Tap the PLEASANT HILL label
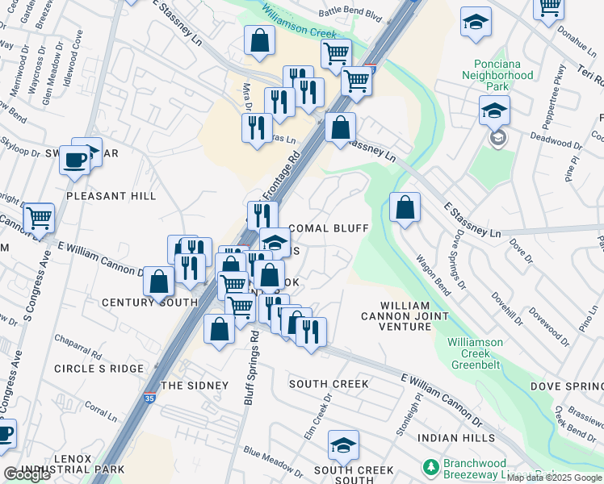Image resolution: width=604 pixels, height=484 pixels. tap(111, 196)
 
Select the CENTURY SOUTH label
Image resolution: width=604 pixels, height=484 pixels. tap(149, 302)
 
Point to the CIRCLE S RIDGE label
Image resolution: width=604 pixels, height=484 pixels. tap(98, 369)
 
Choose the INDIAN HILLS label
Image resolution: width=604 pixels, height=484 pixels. tap(456, 437)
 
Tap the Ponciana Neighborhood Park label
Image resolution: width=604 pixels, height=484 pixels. tap(497, 81)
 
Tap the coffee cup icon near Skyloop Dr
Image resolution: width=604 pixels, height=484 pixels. tap(75, 160)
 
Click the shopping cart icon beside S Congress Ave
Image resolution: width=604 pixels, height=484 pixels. tap(39, 216)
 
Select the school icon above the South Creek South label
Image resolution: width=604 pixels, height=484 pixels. tap(343, 444)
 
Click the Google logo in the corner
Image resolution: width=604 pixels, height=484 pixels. tap(27, 474)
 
